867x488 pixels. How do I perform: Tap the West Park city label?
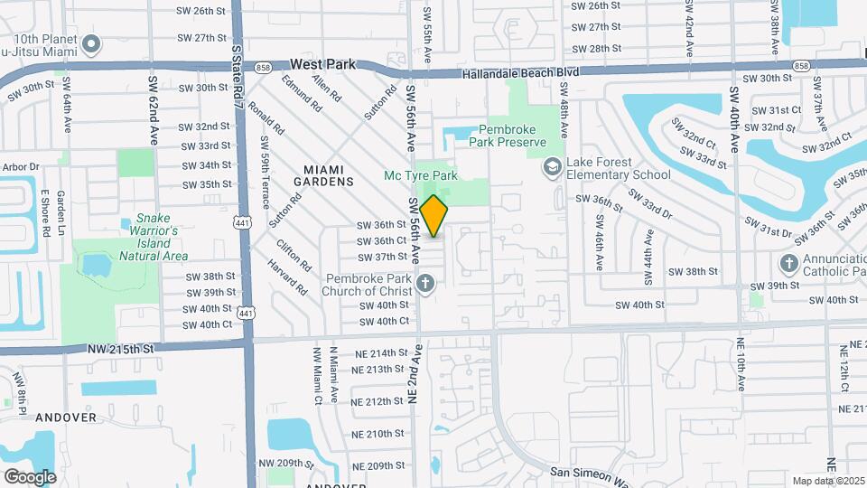click(322, 64)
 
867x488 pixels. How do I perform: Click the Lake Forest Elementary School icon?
click(551, 167)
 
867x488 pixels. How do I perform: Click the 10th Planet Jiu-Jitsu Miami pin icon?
click(90, 43)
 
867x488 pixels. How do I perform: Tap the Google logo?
click(30, 477)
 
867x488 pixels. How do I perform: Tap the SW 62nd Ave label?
click(153, 109)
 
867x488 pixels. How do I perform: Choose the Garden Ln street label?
click(61, 210)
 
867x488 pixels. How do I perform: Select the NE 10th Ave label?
click(740, 362)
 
